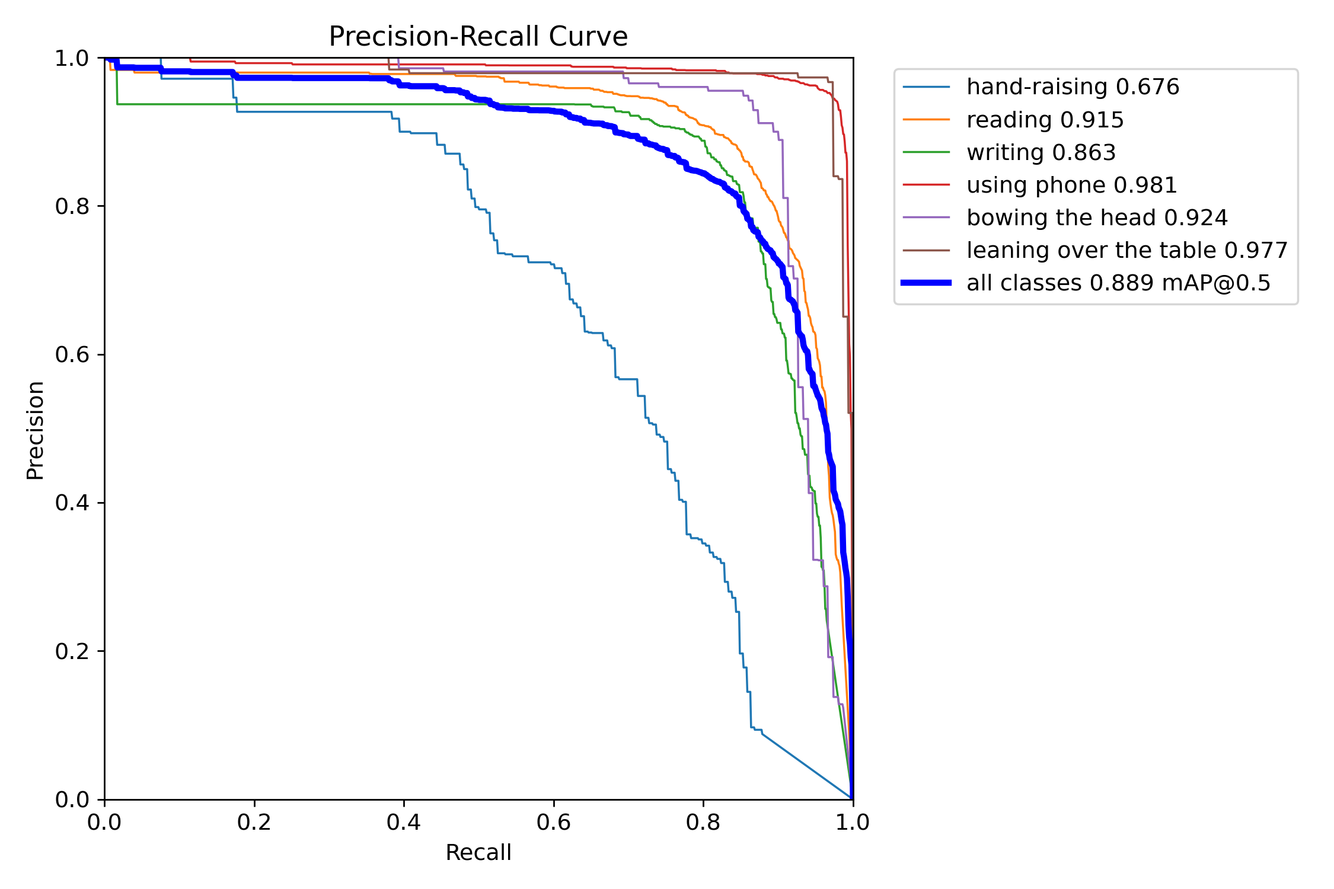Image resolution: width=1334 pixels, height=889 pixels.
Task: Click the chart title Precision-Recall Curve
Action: (x=478, y=37)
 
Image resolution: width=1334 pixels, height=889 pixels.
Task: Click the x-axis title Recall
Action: (x=478, y=852)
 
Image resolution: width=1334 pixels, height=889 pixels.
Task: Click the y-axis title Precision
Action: (x=35, y=430)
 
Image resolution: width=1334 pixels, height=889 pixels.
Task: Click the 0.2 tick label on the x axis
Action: (x=254, y=823)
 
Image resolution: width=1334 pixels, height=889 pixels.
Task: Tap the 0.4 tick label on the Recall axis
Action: (x=404, y=823)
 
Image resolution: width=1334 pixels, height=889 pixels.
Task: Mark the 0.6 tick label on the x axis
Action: (x=554, y=823)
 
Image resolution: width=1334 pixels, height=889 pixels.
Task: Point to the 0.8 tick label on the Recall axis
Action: (x=703, y=823)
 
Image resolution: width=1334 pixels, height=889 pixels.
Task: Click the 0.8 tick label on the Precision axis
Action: (x=72, y=206)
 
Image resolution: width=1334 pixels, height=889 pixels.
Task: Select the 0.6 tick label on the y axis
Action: (x=72, y=354)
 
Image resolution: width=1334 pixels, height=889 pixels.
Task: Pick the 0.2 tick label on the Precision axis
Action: (x=72, y=651)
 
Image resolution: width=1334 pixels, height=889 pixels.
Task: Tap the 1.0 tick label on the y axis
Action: (x=72, y=58)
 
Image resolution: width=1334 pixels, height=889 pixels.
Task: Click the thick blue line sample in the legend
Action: (x=926, y=283)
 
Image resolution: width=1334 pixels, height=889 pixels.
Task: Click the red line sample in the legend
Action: (x=926, y=185)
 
